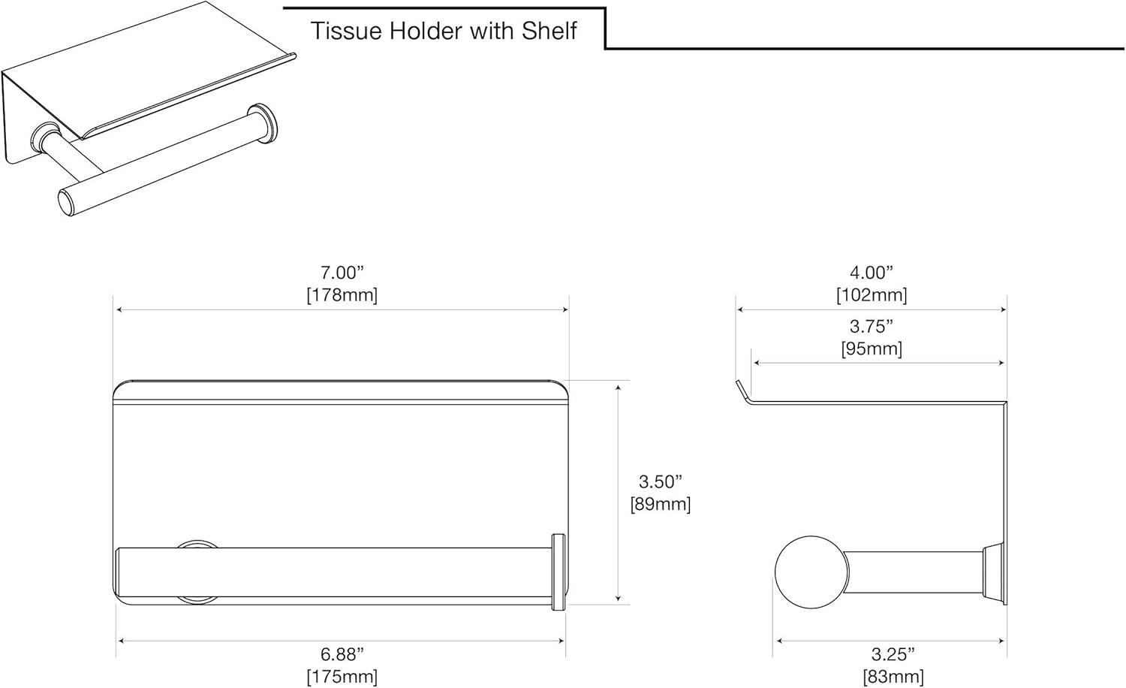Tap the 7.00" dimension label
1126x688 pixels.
[x=342, y=273]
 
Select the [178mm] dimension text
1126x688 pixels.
[x=342, y=294]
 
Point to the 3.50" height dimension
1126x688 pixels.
[x=661, y=481]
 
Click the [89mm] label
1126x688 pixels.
[x=661, y=504]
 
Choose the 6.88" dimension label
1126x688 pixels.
[x=342, y=655]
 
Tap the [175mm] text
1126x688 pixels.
[x=342, y=677]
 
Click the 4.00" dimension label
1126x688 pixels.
[x=872, y=273]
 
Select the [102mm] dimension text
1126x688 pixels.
[x=872, y=294]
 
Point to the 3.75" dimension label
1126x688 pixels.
[x=872, y=327]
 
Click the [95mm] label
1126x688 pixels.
[x=872, y=349]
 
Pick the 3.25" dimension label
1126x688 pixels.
[x=893, y=655]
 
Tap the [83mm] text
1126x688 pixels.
[x=893, y=677]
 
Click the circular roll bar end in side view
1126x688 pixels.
[x=811, y=573]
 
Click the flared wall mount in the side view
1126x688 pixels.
[x=993, y=572]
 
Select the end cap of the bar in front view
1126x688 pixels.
[x=558, y=572]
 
